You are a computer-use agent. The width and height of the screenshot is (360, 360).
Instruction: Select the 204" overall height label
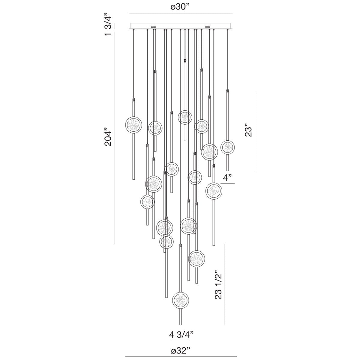click(109, 138)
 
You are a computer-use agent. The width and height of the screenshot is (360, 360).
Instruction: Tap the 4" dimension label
click(228, 178)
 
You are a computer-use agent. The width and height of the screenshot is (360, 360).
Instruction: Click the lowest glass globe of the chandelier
click(181, 300)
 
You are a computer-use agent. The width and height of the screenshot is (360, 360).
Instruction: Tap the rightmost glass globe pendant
click(227, 147)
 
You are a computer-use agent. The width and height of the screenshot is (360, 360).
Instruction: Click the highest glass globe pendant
click(185, 117)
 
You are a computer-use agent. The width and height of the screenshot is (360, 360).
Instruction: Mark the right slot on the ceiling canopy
click(208, 26)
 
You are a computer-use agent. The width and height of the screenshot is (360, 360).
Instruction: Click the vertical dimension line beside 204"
click(114, 138)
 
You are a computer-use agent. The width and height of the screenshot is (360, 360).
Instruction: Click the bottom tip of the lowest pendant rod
click(181, 325)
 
